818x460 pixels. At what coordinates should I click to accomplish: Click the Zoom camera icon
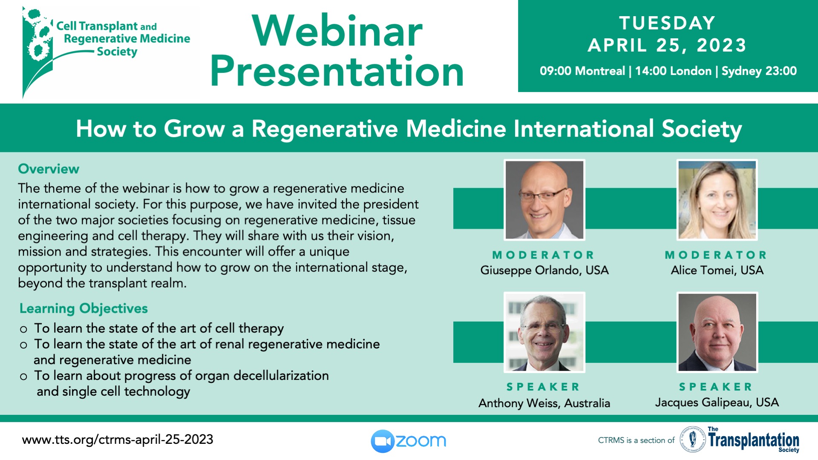[383, 441]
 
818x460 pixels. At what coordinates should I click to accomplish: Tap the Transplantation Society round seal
[693, 439]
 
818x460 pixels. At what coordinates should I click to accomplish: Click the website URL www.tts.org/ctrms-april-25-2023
[118, 440]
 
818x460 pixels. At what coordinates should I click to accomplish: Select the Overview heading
[49, 169]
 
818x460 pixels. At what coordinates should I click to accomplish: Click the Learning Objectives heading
[84, 308]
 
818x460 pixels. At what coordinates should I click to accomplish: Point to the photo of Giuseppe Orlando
[544, 200]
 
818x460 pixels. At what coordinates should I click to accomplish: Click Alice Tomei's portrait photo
[717, 200]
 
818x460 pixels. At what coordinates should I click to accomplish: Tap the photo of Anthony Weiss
[544, 332]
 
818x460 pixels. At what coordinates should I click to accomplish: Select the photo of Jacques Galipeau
[717, 332]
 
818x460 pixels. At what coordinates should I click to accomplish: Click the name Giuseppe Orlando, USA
[544, 270]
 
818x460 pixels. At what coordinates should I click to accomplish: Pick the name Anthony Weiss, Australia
[544, 403]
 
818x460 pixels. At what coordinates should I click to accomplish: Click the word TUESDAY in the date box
[667, 23]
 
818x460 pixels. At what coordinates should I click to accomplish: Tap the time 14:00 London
[673, 71]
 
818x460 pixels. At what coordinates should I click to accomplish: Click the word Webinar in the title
[337, 31]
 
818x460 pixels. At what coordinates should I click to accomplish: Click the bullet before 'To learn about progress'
[23, 377]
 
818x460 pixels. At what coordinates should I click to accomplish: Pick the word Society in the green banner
[702, 129]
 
